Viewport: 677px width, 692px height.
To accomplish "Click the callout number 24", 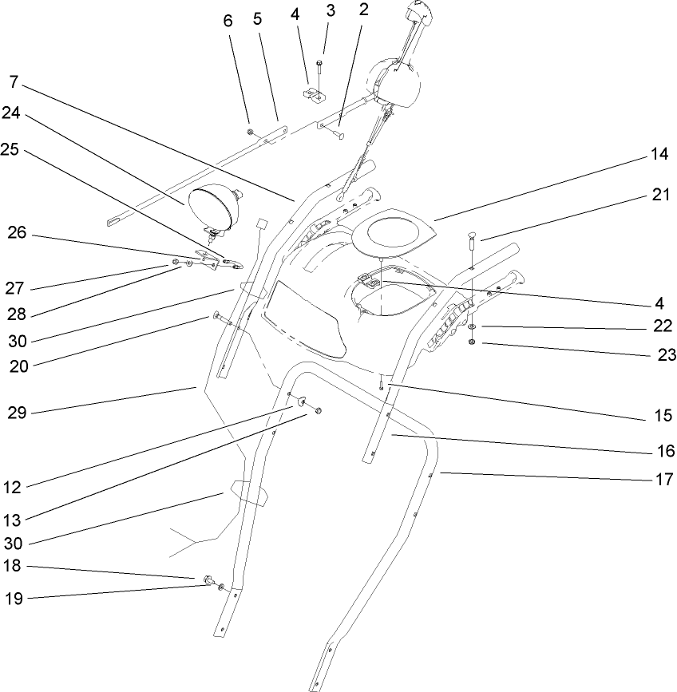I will [10, 113].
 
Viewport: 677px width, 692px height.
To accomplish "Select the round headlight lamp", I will [214, 204].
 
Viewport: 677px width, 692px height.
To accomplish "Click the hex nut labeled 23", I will [473, 342].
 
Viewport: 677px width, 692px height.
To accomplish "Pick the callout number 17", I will [664, 480].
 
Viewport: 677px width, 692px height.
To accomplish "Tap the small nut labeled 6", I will [250, 132].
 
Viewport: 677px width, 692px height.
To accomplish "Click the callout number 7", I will [14, 81].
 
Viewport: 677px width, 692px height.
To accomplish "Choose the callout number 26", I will [16, 233].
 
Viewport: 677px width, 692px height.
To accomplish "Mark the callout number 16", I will [664, 452].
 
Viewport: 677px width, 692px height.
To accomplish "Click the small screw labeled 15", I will [382, 386].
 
